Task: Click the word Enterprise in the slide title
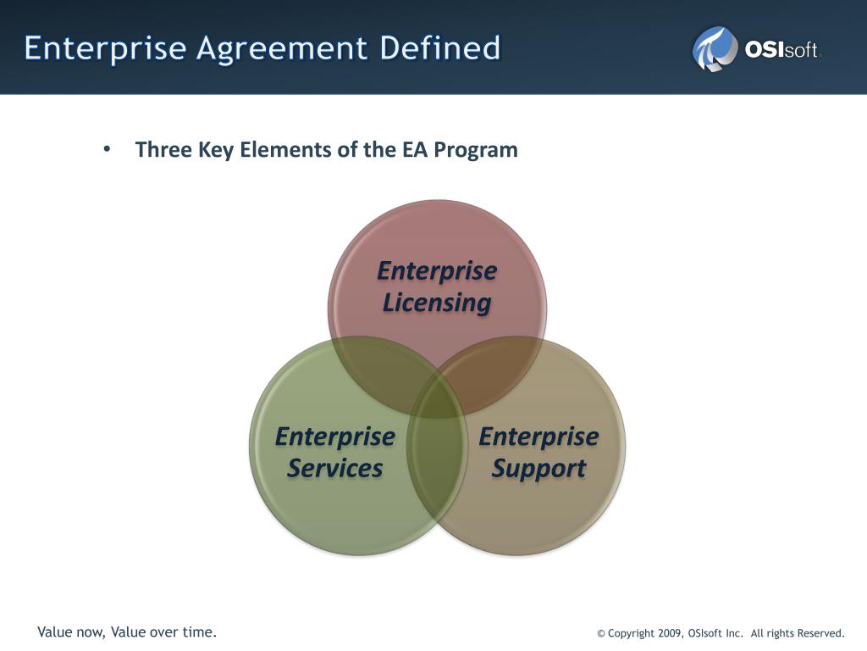105,47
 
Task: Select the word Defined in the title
440,47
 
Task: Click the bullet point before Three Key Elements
107,149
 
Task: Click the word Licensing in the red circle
437,303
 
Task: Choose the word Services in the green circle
335,468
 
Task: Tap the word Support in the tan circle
539,468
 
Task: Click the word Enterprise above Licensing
437,271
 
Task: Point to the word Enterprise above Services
335,437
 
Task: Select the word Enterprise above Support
539,437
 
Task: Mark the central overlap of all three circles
437,387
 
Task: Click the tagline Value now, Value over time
127,632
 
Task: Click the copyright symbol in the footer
601,633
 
